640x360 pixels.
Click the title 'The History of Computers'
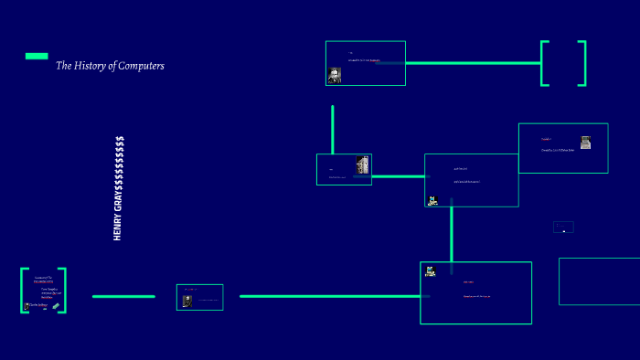(x=110, y=66)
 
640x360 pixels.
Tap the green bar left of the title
(x=37, y=56)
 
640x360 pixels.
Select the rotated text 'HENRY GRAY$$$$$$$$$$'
(x=119, y=188)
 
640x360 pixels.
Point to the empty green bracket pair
(x=563, y=63)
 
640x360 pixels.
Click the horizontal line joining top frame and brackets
(x=472, y=63)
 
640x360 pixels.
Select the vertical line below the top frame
(x=332, y=129)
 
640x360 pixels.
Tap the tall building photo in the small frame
(x=362, y=165)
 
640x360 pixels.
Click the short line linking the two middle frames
(x=398, y=176)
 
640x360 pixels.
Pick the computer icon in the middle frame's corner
(x=432, y=200)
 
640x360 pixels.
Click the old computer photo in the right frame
(x=585, y=142)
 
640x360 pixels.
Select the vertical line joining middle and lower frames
(x=451, y=234)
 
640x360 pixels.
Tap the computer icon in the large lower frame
(x=430, y=270)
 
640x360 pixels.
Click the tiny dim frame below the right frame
(x=564, y=227)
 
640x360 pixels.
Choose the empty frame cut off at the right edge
(x=600, y=281)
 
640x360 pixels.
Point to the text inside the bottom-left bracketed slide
(x=44, y=286)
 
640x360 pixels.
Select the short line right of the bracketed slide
(x=123, y=296)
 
